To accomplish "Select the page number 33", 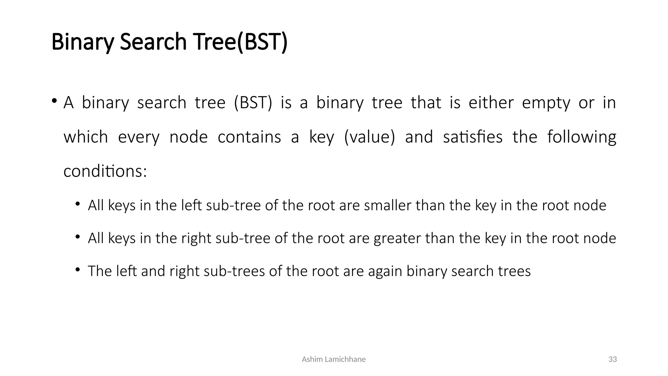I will coord(613,359).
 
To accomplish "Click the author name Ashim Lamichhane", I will coord(334,359).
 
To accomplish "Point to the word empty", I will coord(546,103).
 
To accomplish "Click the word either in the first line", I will coord(491,102).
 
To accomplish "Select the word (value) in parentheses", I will coord(369,137).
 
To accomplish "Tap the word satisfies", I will coord(473,137).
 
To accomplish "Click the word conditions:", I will coord(105,171).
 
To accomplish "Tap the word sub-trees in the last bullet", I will coord(234,271).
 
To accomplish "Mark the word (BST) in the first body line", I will coord(253,103).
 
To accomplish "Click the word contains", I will coord(249,137).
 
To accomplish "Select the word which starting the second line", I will coord(85,137).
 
